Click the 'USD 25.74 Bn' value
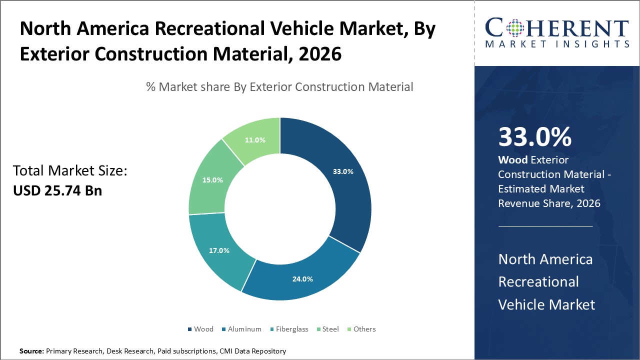pyautogui.click(x=57, y=190)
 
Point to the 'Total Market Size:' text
pyautogui.click(x=70, y=171)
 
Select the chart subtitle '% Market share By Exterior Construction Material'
pyautogui.click(x=279, y=87)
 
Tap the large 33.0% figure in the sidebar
pyautogui.click(x=534, y=137)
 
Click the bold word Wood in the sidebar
pyautogui.click(x=512, y=160)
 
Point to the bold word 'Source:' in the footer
pyautogui.click(x=31, y=351)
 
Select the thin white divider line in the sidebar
pyautogui.click(x=545, y=226)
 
